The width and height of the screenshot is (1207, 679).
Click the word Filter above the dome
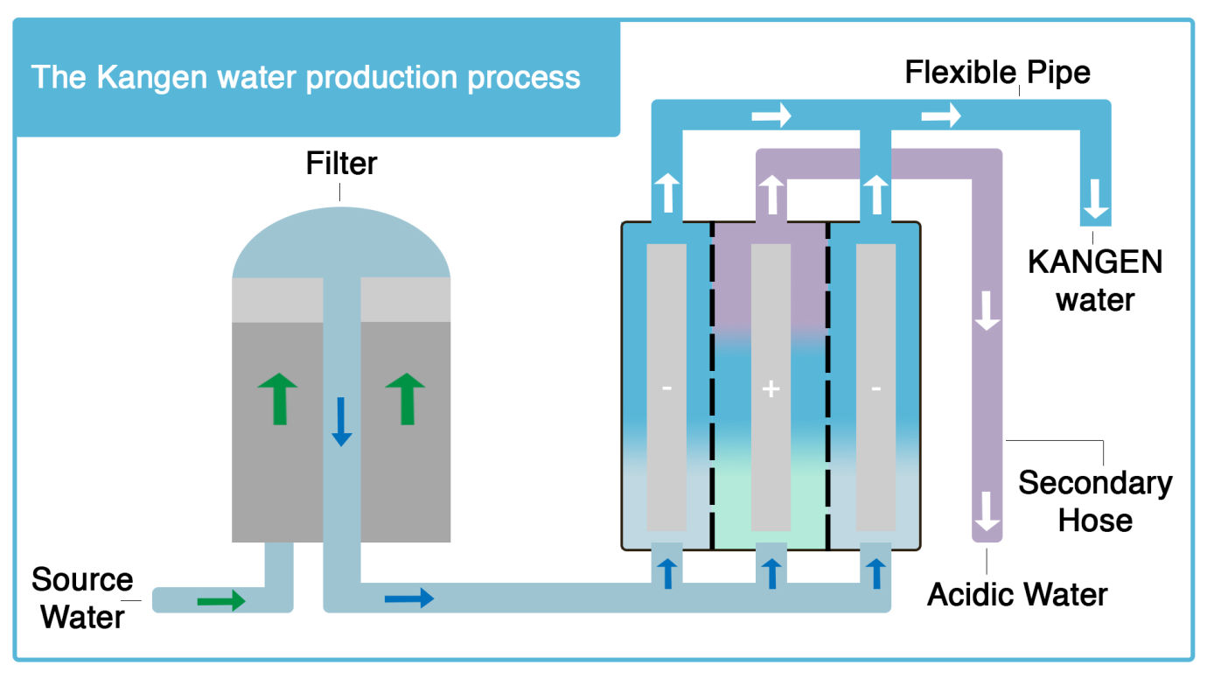tap(341, 164)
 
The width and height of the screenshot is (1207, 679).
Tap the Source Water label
tap(82, 598)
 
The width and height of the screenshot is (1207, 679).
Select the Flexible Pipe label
tap(997, 72)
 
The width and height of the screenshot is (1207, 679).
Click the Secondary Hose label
tap(1095, 501)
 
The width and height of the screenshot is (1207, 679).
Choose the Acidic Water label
tap(1017, 595)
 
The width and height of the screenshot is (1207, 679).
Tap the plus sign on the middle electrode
tap(771, 388)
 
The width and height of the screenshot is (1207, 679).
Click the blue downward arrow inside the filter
tap(342, 421)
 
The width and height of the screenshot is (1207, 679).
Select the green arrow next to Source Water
tap(220, 600)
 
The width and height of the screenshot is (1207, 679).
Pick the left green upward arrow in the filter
tap(279, 398)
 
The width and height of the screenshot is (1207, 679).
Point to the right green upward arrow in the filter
tap(405, 398)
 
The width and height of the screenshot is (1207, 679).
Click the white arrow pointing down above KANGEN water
tap(1096, 201)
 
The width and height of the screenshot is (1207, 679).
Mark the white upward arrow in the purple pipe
tap(771, 194)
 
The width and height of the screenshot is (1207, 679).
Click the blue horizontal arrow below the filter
tap(408, 598)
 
